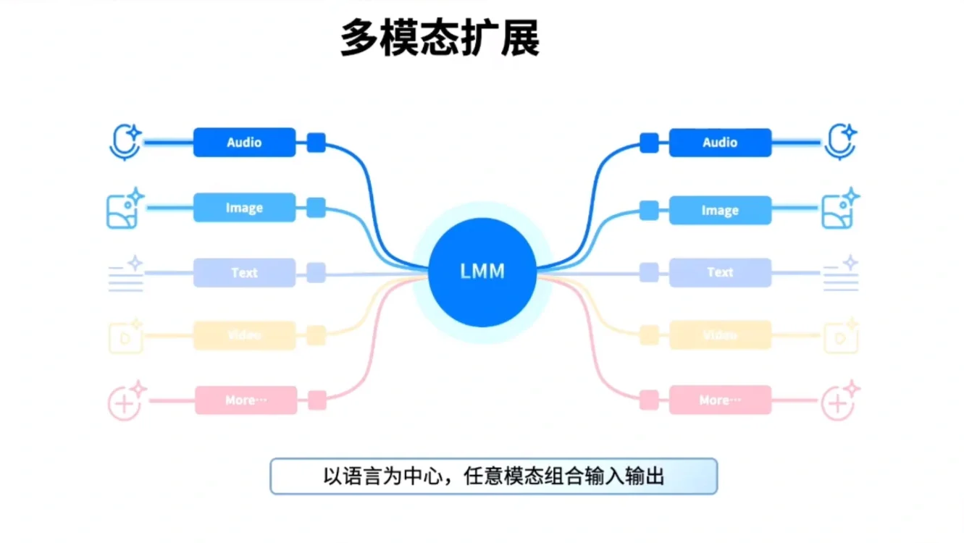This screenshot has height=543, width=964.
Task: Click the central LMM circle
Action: click(x=482, y=271)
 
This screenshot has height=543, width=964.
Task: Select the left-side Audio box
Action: click(x=244, y=143)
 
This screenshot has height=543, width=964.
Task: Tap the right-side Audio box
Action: click(x=720, y=143)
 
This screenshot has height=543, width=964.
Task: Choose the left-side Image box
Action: click(x=244, y=208)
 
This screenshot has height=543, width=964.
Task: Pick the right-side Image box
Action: click(x=720, y=210)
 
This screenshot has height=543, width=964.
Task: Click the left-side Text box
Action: click(x=244, y=273)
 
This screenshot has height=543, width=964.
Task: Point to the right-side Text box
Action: click(x=720, y=272)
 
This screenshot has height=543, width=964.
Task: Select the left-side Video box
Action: click(x=244, y=335)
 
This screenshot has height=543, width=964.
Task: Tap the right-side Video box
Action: click(x=720, y=335)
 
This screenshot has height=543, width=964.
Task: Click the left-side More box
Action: click(x=246, y=400)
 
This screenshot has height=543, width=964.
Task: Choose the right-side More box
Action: click(x=720, y=400)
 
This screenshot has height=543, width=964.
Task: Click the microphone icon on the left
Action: click(x=125, y=142)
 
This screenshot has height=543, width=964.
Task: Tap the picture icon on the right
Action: click(x=839, y=209)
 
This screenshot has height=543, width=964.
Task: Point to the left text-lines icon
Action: click(x=126, y=274)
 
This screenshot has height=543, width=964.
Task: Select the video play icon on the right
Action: click(x=840, y=337)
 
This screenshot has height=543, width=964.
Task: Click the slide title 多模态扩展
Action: click(x=440, y=38)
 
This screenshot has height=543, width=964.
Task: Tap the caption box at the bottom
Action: click(x=493, y=476)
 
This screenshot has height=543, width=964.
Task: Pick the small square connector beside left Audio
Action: click(x=316, y=143)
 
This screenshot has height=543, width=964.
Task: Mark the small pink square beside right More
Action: click(x=649, y=400)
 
